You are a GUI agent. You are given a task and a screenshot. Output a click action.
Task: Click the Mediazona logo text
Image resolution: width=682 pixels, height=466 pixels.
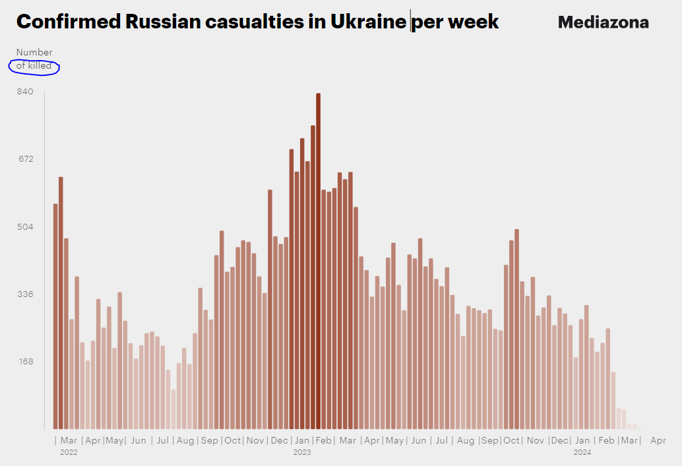click(x=603, y=22)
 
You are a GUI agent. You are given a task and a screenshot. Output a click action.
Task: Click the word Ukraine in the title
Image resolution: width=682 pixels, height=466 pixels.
click(x=368, y=22)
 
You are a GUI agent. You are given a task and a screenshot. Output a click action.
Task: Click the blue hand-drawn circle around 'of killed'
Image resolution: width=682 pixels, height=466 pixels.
click(x=34, y=67)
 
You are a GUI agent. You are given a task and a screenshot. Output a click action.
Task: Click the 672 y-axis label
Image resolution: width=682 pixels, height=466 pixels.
click(x=25, y=158)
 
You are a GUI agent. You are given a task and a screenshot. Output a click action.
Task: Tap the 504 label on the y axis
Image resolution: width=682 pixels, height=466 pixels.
click(x=25, y=226)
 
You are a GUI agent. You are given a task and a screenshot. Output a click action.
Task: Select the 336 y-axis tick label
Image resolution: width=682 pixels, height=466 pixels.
click(x=25, y=294)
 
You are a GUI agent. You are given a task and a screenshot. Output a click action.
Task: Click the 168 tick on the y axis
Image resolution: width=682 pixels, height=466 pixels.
click(x=25, y=362)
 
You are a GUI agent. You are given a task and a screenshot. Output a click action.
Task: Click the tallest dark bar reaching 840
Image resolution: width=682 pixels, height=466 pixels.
click(x=318, y=261)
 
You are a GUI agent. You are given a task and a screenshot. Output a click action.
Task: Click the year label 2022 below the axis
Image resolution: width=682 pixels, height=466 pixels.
click(x=69, y=453)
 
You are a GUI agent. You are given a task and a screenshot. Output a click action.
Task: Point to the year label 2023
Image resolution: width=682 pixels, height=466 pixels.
click(x=302, y=453)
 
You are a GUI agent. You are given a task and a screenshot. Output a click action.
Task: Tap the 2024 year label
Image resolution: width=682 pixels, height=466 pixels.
click(x=582, y=453)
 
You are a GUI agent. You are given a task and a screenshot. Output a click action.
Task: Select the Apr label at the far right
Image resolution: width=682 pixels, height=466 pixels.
click(x=658, y=440)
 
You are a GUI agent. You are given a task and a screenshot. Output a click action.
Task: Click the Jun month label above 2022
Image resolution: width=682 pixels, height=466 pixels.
click(x=139, y=440)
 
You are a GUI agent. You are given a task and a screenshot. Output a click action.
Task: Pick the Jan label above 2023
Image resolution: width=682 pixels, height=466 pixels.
click(x=302, y=440)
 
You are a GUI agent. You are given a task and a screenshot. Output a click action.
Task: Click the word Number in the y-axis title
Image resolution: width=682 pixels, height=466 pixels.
click(x=34, y=52)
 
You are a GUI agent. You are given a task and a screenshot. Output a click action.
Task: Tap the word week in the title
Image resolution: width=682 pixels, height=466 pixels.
click(x=473, y=22)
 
